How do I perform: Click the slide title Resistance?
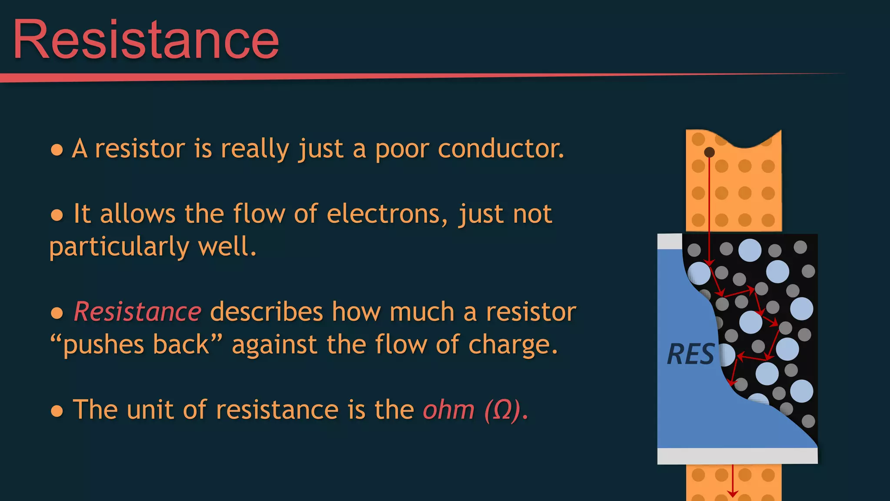146,40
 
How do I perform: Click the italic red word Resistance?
137,312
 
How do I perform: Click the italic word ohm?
448,410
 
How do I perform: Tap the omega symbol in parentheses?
502,411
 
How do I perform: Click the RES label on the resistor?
690,354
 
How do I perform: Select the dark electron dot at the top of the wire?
709,152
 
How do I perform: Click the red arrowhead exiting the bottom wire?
733,494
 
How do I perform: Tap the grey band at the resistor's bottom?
737,456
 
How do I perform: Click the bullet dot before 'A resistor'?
57,150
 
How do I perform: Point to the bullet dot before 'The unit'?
57,411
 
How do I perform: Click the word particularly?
119,247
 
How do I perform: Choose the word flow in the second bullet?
259,214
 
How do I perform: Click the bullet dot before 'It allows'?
57,215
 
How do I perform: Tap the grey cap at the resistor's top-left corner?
670,241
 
